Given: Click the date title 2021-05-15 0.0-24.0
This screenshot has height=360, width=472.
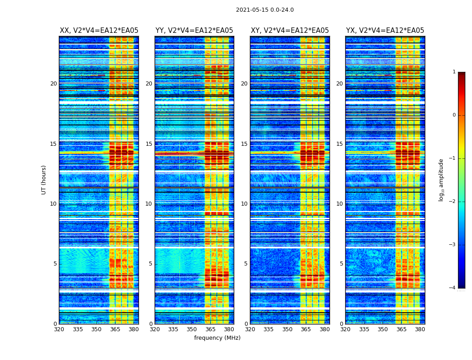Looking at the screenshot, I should click(265, 10).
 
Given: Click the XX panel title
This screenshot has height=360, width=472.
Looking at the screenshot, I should click(99, 31).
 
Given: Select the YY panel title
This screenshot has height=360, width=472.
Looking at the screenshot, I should click(194, 31).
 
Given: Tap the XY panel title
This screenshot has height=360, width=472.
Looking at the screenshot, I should click(289, 31).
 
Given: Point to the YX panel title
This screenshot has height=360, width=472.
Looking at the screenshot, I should click(385, 31).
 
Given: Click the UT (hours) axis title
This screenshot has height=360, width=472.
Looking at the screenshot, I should click(44, 180).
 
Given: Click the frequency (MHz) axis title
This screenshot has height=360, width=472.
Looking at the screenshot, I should click(217, 338).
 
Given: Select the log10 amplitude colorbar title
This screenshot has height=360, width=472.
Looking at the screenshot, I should click(441, 180).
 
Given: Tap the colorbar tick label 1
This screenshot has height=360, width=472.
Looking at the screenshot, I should click(454, 72).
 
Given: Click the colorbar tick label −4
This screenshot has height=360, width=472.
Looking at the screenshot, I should click(453, 288).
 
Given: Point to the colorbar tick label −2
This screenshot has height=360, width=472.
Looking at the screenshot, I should click(453, 202).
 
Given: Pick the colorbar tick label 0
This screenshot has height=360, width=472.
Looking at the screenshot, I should click(454, 115).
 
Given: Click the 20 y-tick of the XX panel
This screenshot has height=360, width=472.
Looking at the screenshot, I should click(54, 84).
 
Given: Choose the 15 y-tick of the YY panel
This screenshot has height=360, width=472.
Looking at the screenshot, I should click(149, 144).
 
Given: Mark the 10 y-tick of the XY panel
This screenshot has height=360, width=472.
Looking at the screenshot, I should click(245, 204).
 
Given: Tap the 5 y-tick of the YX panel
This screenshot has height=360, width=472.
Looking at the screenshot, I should click(341, 264).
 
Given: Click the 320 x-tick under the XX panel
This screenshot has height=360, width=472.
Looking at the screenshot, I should click(59, 329).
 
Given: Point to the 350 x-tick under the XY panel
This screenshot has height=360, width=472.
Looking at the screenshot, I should click(287, 329).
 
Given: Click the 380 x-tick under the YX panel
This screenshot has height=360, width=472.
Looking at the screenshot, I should click(420, 329).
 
